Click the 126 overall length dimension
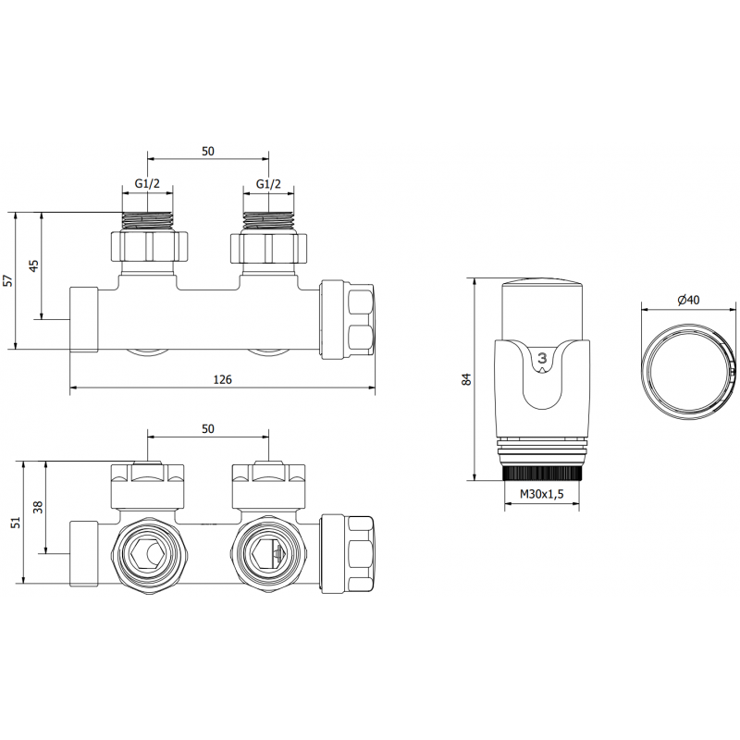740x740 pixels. (x=222, y=379)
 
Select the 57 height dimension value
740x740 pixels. (x=9, y=280)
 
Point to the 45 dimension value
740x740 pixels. (x=34, y=265)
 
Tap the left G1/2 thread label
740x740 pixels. (x=148, y=185)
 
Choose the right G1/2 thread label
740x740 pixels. (x=268, y=185)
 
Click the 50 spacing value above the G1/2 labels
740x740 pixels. (x=207, y=151)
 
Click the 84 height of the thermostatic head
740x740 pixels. (x=466, y=378)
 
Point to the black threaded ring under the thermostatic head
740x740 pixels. (x=542, y=472)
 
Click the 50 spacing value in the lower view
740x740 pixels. (x=207, y=427)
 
